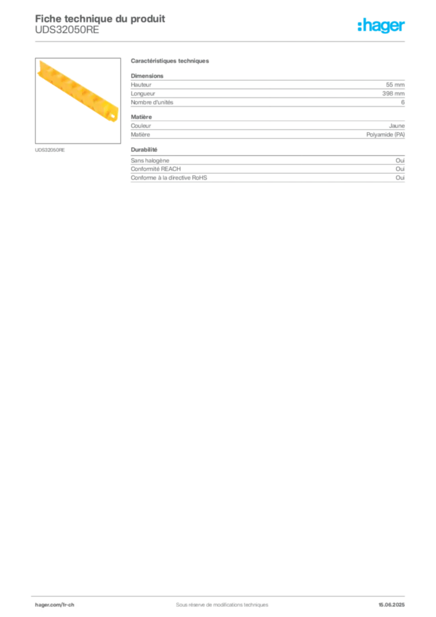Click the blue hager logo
click(x=382, y=26)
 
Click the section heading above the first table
click(x=170, y=61)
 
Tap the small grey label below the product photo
click(x=50, y=149)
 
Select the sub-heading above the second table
click(x=145, y=149)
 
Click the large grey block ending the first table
click(x=267, y=128)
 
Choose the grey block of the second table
click(x=267, y=172)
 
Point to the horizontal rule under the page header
click(x=222, y=41)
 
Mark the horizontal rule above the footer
click(x=222, y=593)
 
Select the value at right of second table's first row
click(x=402, y=158)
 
